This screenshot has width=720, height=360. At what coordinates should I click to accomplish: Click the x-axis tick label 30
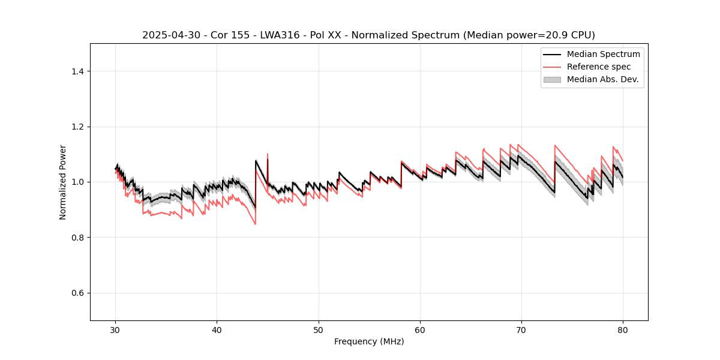pos(116,330)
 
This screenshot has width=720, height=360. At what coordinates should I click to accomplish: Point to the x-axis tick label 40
pos(217,330)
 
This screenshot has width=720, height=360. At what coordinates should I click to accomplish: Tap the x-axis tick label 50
pos(319,330)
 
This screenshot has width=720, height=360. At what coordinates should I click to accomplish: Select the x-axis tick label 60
pos(420,330)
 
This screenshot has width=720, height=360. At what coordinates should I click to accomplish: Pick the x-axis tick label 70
pos(521,330)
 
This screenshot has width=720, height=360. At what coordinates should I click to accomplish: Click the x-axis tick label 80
pos(623,330)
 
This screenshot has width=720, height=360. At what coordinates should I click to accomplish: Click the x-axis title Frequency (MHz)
pos(369,341)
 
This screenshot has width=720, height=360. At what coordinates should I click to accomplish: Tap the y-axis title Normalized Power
pos(63,182)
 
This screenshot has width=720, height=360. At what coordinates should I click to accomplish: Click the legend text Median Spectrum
pos(603,54)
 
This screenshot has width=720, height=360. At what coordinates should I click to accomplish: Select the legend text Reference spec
pos(599,67)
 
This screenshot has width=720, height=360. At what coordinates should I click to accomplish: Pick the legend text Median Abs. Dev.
pos(602,79)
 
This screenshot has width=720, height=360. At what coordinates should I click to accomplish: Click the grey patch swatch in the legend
pos(551,79)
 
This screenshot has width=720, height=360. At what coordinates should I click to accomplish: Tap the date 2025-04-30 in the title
pos(170,35)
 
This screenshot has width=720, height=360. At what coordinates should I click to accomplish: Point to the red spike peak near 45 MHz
pos(268,154)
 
